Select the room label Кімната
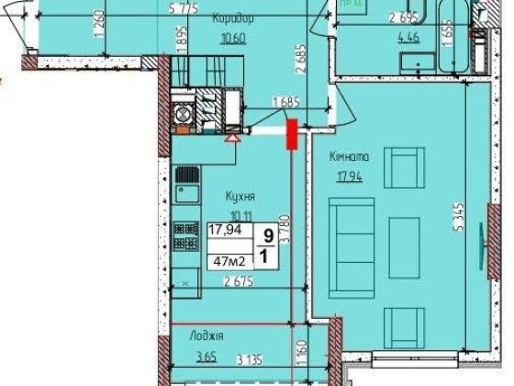[x=351, y=156]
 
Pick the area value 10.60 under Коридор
[x=232, y=38]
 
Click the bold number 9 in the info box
[x=267, y=234]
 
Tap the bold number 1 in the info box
[x=267, y=258]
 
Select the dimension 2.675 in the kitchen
[x=240, y=282]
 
